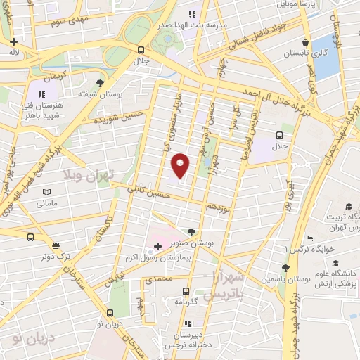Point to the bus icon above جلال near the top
[x=141, y=51]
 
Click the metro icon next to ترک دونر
[x=30, y=237]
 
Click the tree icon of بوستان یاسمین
[x=285, y=268]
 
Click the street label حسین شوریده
[x=119, y=117]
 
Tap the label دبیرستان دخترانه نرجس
[x=186, y=340]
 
